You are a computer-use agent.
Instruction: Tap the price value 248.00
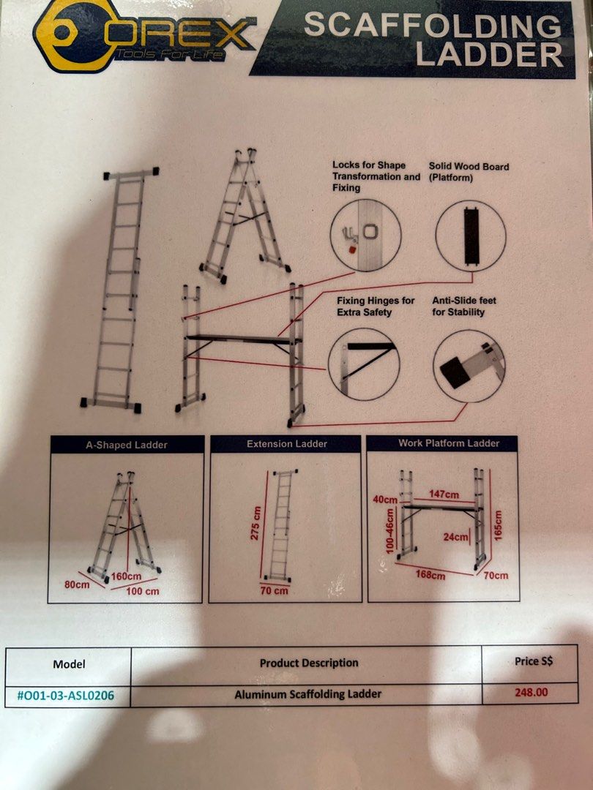point(530,691)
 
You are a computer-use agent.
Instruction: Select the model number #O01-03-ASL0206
point(65,695)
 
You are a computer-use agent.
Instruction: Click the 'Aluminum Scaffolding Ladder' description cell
point(307,693)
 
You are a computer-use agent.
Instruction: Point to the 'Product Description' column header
point(309,663)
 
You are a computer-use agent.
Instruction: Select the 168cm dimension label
point(430,575)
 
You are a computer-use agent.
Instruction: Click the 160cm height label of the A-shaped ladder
point(126,576)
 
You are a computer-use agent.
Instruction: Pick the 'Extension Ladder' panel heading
point(286,444)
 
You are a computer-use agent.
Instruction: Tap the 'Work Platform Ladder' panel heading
point(449,443)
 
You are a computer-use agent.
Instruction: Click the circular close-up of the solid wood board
point(470,236)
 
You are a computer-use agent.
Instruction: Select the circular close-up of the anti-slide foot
point(469,365)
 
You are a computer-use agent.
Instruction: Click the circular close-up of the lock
point(365,235)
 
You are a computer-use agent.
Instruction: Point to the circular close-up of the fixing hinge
point(364,364)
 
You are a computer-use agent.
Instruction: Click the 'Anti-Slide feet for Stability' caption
point(458,306)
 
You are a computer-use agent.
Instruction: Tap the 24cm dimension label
point(455,536)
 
